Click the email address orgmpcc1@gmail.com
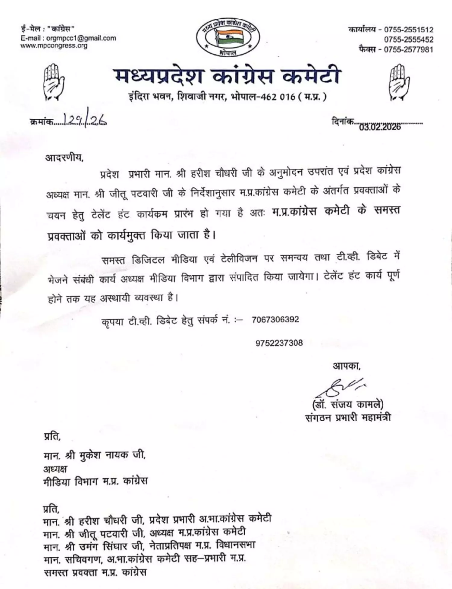coord(81,38)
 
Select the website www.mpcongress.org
coord(54,46)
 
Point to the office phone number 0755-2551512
coord(409,30)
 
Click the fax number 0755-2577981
coord(409,49)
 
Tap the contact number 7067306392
coord(275,319)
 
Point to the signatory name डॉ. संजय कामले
coord(348,404)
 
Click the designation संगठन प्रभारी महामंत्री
coord(348,418)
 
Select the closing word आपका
coord(346,366)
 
